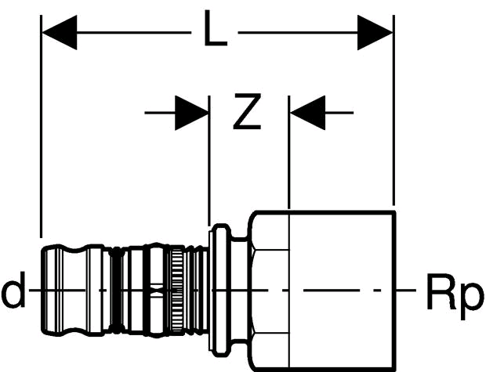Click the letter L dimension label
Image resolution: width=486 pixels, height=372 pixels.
click(216, 28)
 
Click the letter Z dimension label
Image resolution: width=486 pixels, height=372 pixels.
click(247, 111)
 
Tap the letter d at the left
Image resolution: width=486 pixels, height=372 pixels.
click(13, 290)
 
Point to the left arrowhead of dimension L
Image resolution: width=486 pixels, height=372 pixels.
click(60, 32)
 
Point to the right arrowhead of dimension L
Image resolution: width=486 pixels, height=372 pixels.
click(375, 32)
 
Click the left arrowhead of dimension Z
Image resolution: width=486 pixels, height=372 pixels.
click(191, 113)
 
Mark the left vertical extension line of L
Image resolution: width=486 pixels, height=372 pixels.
click(41, 126)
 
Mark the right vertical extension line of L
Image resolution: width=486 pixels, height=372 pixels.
click(394, 110)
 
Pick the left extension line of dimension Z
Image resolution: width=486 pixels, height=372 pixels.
click(209, 161)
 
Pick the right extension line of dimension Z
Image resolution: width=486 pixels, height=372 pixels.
click(289, 152)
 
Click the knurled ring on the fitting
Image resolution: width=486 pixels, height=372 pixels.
click(177, 290)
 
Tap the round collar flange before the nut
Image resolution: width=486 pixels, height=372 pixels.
click(220, 290)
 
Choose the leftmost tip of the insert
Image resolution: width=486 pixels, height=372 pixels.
click(42, 290)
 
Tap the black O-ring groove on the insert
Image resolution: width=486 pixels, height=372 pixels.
click(117, 290)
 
